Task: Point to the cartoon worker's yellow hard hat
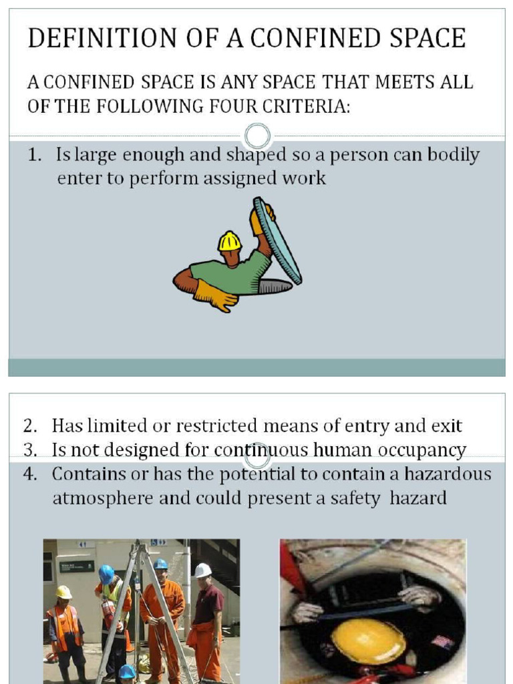point(229,241)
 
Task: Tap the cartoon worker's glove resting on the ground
point(214,296)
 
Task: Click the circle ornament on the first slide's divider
point(256,136)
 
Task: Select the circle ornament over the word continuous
point(256,457)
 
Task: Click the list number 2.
point(30,426)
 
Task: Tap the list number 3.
point(30,450)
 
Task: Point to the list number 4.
point(30,474)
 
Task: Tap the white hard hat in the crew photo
point(202,570)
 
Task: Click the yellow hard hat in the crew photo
point(64,592)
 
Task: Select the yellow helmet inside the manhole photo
point(369,641)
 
